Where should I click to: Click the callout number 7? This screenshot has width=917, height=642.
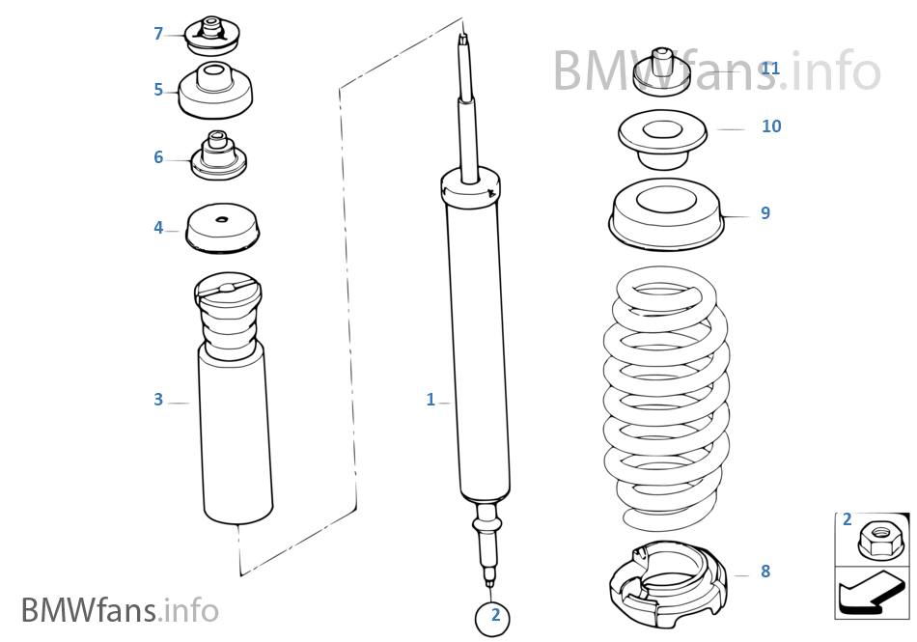[x=158, y=34]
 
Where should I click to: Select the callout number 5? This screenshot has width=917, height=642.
[x=158, y=90]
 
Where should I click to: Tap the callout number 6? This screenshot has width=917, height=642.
[x=158, y=157]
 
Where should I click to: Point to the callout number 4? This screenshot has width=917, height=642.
[x=158, y=228]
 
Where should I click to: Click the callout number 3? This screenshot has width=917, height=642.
[x=158, y=400]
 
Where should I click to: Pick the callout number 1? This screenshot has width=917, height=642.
[x=431, y=400]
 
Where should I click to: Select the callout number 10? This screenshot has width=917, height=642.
[x=771, y=126]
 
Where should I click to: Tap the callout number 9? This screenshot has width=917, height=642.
[x=765, y=213]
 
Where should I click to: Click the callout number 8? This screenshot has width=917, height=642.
[x=765, y=572]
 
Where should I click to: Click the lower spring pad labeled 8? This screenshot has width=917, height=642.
[x=666, y=584]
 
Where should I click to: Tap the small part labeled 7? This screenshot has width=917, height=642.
[x=212, y=37]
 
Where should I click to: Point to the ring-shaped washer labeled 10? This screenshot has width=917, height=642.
[x=662, y=138]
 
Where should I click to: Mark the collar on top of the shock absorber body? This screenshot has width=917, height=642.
[x=470, y=185]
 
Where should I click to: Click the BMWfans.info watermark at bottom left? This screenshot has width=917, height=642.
[x=120, y=610]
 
